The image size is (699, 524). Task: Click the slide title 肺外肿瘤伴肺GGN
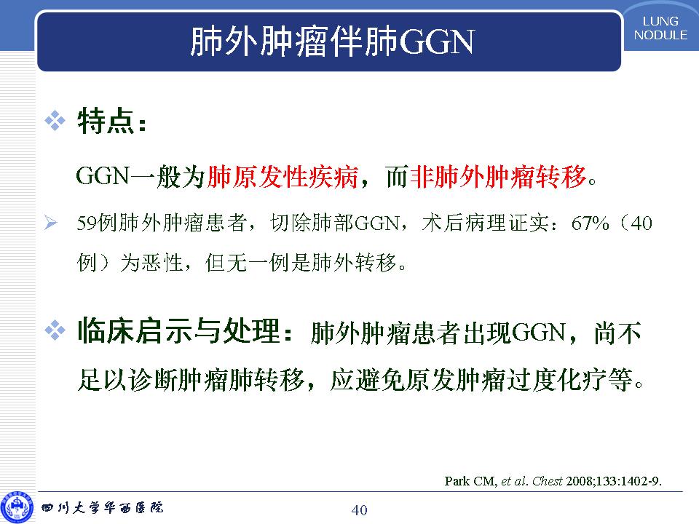[x=332, y=41]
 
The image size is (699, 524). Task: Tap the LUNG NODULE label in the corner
[x=660, y=28]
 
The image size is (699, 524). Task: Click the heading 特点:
[x=111, y=121]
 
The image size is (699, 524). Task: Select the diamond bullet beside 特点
[x=55, y=121]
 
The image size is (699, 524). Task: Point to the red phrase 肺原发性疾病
[x=283, y=176]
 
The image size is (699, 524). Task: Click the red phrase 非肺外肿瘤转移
[x=498, y=176]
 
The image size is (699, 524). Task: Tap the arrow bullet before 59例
[x=51, y=223]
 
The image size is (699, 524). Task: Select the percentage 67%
[x=590, y=223]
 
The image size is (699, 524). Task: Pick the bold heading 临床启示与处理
[x=179, y=331]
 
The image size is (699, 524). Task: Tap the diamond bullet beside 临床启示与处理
[x=55, y=330]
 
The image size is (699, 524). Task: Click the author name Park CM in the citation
[x=470, y=481]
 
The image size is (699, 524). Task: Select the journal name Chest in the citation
[x=548, y=481]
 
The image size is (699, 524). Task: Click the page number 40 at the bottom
[x=359, y=509]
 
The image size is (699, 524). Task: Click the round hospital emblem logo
[x=17, y=507]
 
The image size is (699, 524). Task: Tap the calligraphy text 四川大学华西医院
[x=103, y=507]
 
